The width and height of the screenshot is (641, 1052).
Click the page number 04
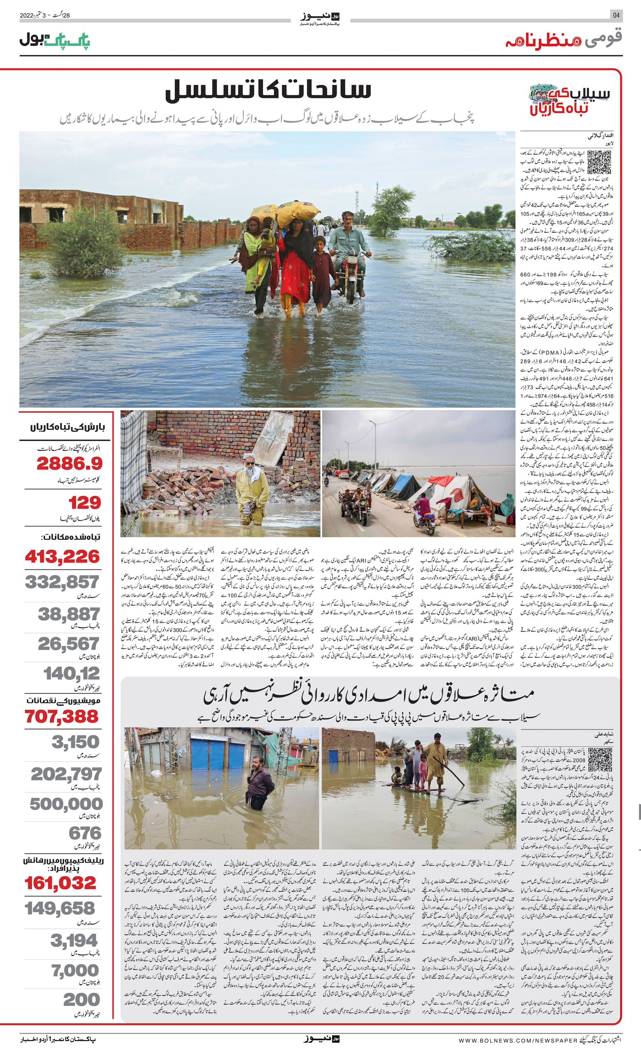coord(616,15)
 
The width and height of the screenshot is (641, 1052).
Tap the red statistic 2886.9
coord(69,463)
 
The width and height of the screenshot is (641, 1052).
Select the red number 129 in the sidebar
coord(85,502)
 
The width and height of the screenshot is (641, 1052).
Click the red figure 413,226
coord(62,556)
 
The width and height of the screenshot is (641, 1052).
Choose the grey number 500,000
coord(66,804)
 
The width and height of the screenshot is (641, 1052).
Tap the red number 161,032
coord(60,883)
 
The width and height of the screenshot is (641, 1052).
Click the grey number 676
coord(85,833)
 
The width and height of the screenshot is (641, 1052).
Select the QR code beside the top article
coord(599,162)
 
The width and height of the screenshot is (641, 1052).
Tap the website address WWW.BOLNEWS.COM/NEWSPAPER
coord(518,1040)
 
